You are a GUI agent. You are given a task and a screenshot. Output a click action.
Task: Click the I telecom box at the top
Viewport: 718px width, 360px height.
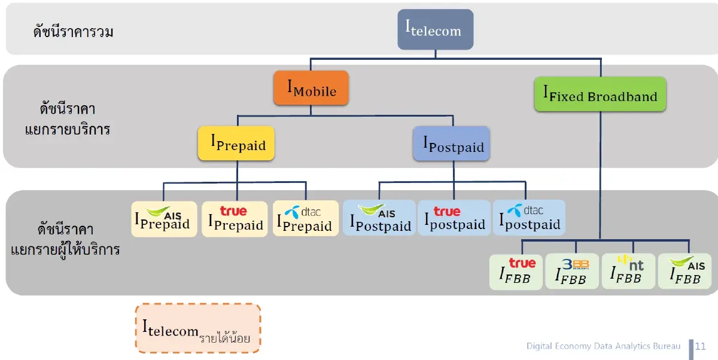(x=436, y=29)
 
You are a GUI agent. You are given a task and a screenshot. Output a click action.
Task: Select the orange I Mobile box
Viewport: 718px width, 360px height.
(x=311, y=89)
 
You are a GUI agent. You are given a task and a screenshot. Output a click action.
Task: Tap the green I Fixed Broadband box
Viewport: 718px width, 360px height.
(x=600, y=94)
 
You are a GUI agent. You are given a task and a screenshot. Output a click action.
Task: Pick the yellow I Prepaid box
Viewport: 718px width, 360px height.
(x=236, y=144)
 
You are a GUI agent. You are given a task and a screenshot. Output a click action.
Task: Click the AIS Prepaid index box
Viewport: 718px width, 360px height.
(x=164, y=218)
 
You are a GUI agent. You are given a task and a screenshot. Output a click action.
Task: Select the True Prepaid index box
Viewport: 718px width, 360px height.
(x=235, y=219)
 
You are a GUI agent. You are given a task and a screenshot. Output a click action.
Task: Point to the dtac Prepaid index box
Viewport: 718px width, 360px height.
(x=305, y=219)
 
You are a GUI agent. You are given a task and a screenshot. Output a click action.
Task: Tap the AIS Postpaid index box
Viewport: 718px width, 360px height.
(x=379, y=218)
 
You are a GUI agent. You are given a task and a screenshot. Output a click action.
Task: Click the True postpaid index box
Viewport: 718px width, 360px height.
(x=454, y=218)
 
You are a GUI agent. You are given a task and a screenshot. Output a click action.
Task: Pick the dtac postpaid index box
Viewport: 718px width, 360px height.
(x=529, y=218)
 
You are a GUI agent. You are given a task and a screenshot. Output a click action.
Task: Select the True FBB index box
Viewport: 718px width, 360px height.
(x=516, y=272)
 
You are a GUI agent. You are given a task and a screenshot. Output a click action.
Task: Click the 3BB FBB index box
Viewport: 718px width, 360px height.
(x=572, y=272)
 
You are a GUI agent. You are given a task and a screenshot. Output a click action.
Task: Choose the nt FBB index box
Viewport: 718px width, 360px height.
(x=628, y=272)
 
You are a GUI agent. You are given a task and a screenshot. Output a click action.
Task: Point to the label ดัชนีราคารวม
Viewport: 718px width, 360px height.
(x=73, y=32)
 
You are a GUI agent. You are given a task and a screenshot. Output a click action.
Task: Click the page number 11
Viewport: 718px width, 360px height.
(x=700, y=346)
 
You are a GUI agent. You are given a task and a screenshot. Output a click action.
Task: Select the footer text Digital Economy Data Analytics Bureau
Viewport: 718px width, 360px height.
(x=603, y=346)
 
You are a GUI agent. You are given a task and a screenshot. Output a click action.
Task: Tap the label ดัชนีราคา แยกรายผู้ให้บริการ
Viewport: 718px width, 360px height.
(x=66, y=239)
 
